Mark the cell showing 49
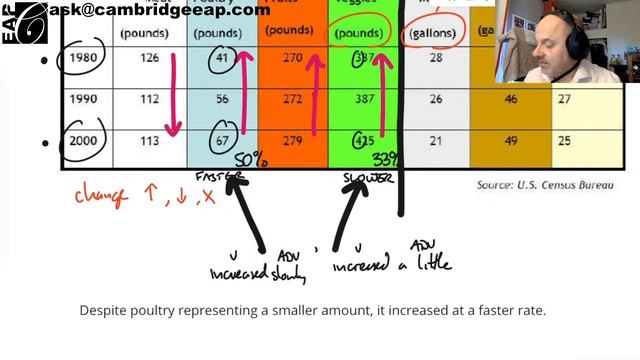511,140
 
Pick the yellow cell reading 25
565,140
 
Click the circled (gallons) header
435,33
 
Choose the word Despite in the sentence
102,311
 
